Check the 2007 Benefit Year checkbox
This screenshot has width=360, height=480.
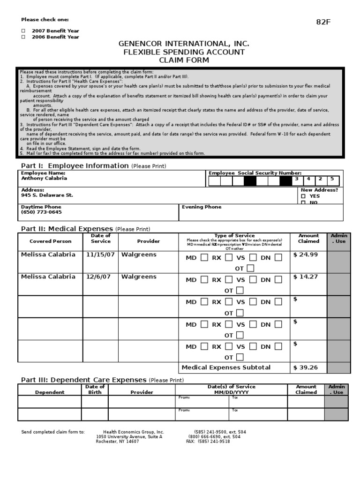point(23,30)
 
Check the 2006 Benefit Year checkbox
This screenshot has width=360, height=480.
point(23,37)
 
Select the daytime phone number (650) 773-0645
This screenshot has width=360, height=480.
point(41,212)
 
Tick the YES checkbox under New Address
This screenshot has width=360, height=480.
point(303,196)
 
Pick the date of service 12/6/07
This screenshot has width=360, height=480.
point(98,277)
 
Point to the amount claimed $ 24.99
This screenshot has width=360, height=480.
point(306,255)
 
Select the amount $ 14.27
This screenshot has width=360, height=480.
point(306,277)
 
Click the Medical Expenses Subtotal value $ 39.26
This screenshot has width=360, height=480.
point(306,367)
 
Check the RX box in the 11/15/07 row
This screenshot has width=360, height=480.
point(228,257)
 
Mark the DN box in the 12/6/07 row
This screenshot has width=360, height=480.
point(278,280)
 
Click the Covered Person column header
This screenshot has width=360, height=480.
point(51,241)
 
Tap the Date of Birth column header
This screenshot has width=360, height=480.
point(95,390)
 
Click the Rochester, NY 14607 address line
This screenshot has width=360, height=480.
point(117,441)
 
